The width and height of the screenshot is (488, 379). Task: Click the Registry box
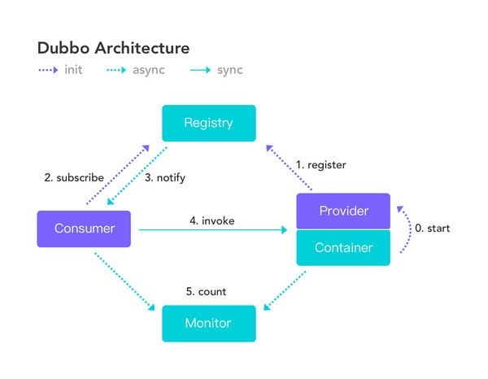click(x=208, y=124)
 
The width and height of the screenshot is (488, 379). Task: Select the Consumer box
click(x=84, y=229)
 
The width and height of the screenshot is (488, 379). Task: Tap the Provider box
click(x=343, y=211)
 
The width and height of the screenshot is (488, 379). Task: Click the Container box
click(x=343, y=247)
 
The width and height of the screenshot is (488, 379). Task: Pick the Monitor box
click(x=208, y=323)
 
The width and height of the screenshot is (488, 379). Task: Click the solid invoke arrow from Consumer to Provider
click(x=211, y=230)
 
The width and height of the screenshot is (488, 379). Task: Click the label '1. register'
click(x=320, y=165)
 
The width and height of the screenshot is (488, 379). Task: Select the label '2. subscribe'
click(x=74, y=177)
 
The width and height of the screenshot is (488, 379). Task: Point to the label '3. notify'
click(x=170, y=177)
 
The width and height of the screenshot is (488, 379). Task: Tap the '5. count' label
click(x=206, y=291)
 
